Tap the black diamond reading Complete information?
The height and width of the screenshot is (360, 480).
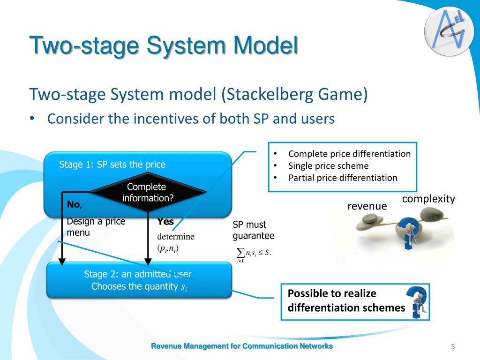coord(148,192)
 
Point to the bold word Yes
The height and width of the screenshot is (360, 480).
coord(165,222)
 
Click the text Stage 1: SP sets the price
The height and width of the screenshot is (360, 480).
coord(112,165)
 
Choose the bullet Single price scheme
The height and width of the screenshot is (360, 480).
coord(328,165)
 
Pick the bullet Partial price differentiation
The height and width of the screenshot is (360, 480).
coord(342,178)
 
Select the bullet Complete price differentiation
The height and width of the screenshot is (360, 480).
coord(349,154)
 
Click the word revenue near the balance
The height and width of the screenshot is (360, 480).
coord(367,206)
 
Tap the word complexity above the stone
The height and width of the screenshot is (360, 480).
coord(428,199)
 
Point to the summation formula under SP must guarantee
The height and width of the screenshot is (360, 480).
coord(254,254)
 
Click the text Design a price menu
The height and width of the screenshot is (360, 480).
coord(96,227)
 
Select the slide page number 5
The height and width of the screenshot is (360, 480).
coord(453,346)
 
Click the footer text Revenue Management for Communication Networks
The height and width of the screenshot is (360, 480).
coord(242,346)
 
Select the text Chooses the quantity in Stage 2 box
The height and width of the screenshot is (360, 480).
coord(134,286)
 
